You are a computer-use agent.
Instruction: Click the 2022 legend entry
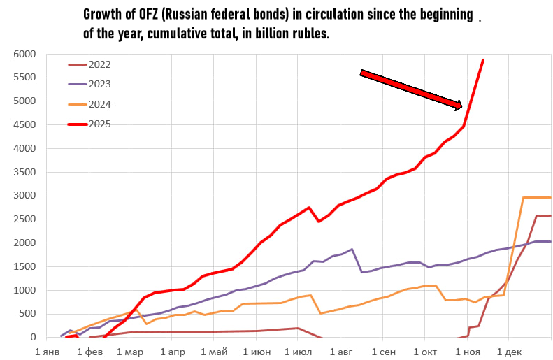coord(99,64)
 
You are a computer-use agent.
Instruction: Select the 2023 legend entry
coord(99,84)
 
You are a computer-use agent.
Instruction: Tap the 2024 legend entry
coord(99,104)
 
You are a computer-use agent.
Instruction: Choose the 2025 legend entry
coord(99,124)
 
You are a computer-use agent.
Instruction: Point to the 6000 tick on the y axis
coord(25,54)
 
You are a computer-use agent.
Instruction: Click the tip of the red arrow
coord(462,107)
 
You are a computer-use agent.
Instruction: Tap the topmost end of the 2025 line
coord(483,60)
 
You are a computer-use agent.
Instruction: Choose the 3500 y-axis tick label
coord(25,172)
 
